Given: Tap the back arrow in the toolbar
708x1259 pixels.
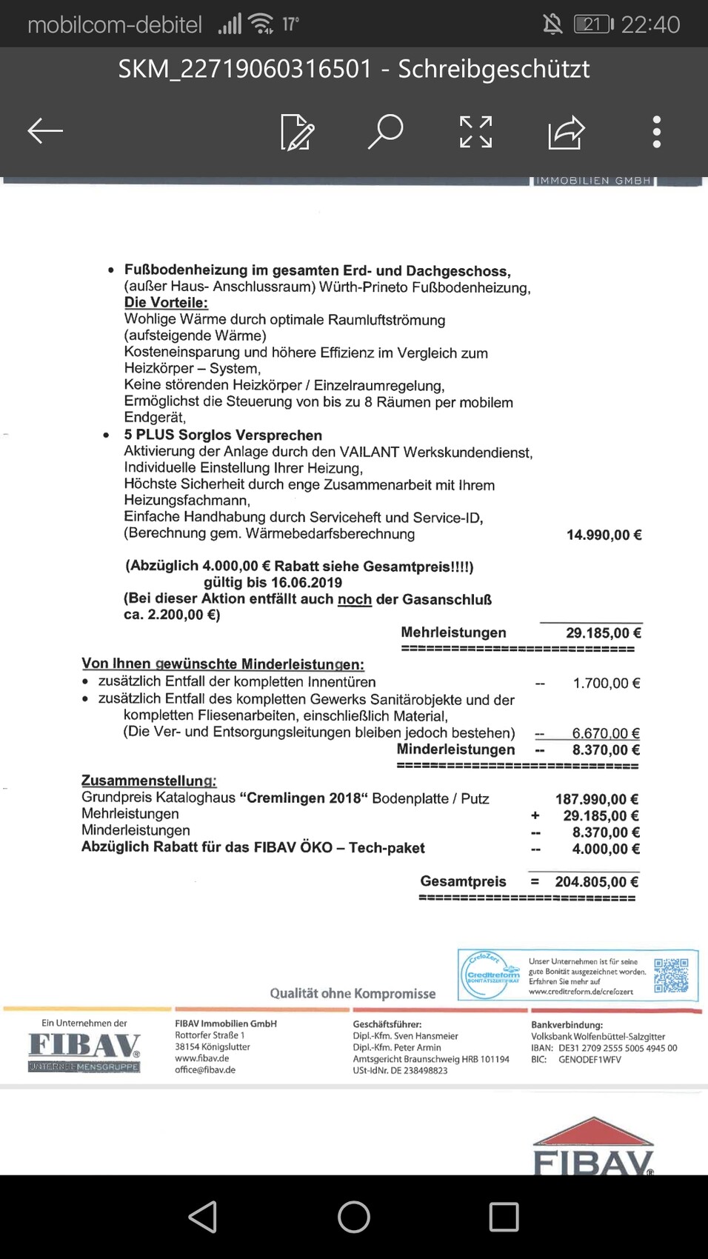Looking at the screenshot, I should point(45,131).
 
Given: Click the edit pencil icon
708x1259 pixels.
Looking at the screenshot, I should point(297,133).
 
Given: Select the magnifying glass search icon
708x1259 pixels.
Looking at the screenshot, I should point(386,132).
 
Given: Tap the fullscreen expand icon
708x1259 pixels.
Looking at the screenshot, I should point(475,132).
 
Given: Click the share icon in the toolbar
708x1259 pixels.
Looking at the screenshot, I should point(567,133).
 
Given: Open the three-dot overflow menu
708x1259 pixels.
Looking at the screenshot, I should point(656,132).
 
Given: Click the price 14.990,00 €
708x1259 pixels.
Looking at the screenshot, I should point(604,535).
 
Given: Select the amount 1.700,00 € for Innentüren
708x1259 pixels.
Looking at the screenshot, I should point(606,683).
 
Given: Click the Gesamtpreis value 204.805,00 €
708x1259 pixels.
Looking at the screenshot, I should point(596,882).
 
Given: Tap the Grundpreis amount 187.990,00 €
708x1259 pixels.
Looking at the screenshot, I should point(596,799).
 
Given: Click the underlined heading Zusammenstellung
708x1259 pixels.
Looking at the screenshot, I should point(149,781).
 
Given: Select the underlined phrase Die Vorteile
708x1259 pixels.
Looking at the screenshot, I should point(166,303).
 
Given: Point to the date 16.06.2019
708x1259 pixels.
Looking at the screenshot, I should point(306,583).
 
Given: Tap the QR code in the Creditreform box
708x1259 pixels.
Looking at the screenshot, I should point(671,975).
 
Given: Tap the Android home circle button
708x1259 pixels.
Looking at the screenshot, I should point(353,1216).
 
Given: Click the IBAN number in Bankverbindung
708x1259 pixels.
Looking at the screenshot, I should point(618,1048).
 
